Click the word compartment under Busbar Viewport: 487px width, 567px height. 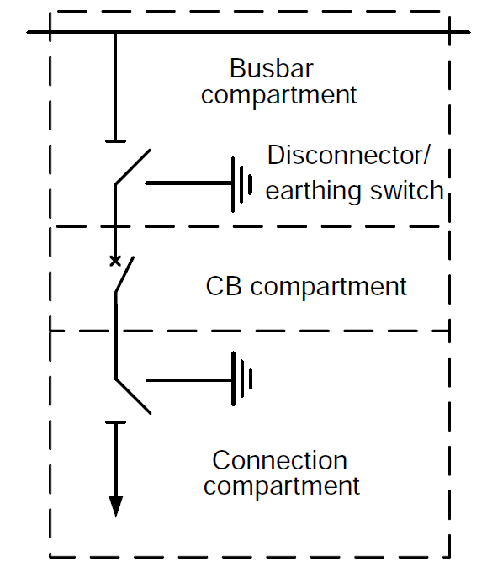click(x=279, y=94)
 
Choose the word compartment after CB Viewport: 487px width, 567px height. click(x=329, y=287)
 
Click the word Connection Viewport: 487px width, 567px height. click(x=279, y=460)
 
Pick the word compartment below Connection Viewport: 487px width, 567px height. click(x=282, y=486)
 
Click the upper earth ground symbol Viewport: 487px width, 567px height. click(x=242, y=183)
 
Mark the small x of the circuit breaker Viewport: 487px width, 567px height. click(x=115, y=261)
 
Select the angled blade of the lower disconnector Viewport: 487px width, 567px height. click(x=132, y=396)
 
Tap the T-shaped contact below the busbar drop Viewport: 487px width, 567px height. click(x=115, y=140)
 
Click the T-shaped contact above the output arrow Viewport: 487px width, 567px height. click(x=115, y=422)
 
